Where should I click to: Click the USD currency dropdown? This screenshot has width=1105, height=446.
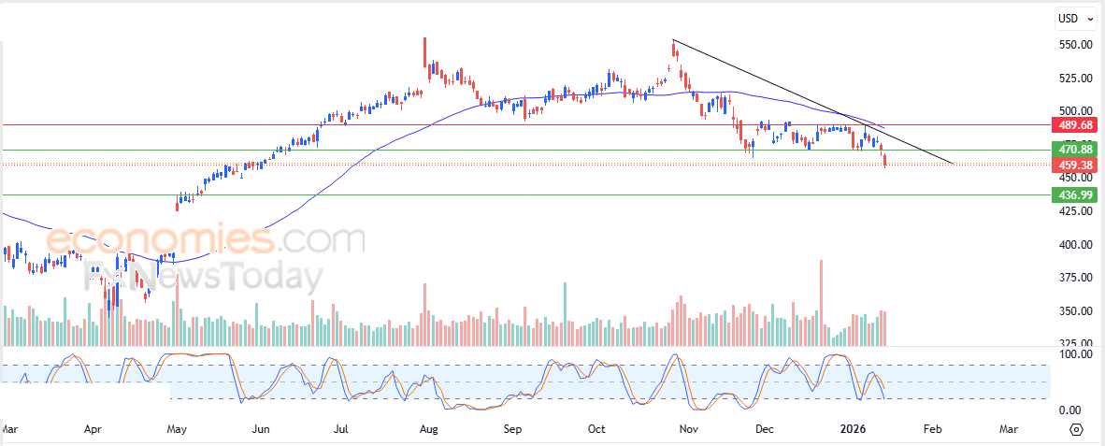[x=1074, y=18]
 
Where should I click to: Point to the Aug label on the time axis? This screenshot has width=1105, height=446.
[x=428, y=430]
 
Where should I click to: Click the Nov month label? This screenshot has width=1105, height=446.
[x=689, y=430]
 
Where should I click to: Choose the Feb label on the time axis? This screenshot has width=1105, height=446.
[x=932, y=430]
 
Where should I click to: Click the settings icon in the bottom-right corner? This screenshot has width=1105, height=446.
[x=1075, y=430]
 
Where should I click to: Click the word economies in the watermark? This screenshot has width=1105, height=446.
[x=159, y=240]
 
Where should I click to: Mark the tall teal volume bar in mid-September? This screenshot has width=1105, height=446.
[x=566, y=314]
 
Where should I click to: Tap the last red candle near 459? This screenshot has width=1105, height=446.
[x=885, y=162]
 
